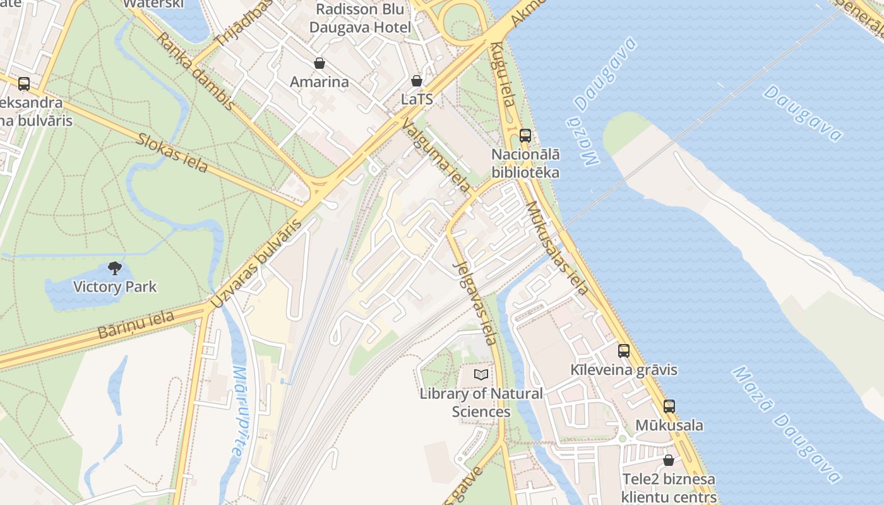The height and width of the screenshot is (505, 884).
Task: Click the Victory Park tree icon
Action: point(114,268)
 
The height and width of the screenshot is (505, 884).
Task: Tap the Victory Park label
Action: point(114,287)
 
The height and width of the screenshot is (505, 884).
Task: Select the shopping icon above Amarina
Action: point(320,63)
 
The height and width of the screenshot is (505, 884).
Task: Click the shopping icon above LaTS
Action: point(417,81)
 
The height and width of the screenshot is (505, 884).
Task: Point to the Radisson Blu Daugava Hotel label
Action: point(360,18)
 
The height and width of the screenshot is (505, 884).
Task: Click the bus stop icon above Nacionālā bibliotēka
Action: point(525,135)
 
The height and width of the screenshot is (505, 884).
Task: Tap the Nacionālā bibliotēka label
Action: point(525,163)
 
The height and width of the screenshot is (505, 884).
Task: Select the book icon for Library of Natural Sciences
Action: point(481,375)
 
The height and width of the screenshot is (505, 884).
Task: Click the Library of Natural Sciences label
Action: point(481,403)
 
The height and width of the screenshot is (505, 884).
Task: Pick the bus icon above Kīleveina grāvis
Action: point(624,351)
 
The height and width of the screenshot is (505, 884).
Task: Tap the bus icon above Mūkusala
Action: point(669,407)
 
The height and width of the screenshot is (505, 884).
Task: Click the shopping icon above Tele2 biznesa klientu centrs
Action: point(669,460)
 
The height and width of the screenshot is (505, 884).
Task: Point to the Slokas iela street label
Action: point(172,152)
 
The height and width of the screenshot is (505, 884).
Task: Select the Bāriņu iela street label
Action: point(136,324)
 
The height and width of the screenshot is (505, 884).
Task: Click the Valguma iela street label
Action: point(436,155)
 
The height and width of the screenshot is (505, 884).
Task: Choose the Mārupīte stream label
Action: point(238,410)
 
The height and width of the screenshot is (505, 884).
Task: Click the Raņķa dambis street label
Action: point(195,71)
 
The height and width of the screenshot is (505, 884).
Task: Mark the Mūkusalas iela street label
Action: point(557,247)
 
